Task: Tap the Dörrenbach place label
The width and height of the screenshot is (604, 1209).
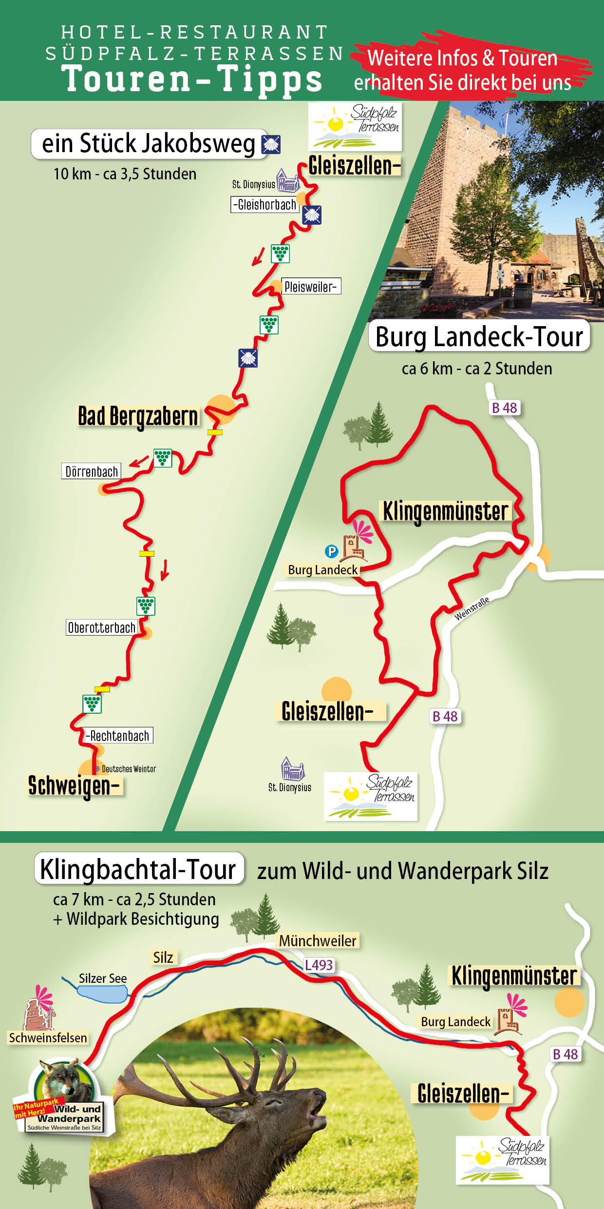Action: click(92, 471)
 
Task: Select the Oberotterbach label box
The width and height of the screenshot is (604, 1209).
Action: click(102, 627)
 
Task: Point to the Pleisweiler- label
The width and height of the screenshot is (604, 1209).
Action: click(311, 287)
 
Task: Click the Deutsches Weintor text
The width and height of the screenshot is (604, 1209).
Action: click(129, 769)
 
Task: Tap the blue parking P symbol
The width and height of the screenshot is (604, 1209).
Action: click(331, 551)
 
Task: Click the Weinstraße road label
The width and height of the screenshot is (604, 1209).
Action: click(472, 608)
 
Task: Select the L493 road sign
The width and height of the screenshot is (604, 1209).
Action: click(319, 965)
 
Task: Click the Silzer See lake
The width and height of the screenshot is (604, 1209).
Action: click(102, 994)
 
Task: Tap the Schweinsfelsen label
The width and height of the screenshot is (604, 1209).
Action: click(48, 1038)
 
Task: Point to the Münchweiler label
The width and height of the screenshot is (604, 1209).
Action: click(318, 940)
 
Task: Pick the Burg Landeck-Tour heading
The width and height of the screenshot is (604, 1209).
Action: click(479, 336)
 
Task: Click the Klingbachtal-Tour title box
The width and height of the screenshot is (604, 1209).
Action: click(139, 870)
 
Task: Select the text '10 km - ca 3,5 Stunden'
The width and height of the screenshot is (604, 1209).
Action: click(125, 174)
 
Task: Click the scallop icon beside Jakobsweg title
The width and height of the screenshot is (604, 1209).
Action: click(271, 144)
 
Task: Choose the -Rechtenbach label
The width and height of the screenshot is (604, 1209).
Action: click(118, 736)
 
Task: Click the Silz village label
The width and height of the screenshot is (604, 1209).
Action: click(163, 957)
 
